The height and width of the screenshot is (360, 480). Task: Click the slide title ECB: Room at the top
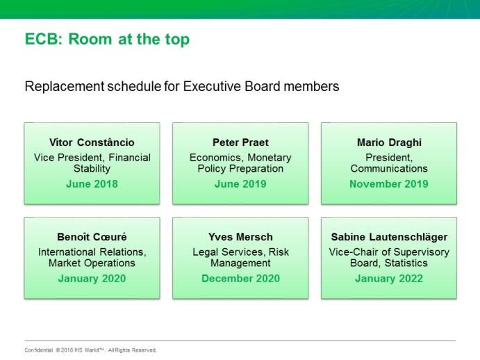coord(107,39)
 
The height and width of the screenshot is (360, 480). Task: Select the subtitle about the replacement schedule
coord(182,87)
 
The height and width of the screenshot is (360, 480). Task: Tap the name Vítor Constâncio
coord(92,142)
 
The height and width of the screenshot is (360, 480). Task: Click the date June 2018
coord(92,184)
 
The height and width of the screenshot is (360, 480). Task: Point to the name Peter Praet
coord(240,142)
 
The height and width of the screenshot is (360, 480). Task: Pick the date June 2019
coord(240,184)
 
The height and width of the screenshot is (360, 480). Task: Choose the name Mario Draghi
coord(389,142)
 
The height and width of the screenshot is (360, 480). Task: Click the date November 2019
coord(389,184)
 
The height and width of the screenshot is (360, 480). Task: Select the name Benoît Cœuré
coord(92,237)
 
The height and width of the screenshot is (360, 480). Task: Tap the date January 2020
coord(92,279)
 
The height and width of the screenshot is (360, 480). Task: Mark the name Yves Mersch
coord(240,237)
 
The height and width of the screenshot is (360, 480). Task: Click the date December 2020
coord(240,279)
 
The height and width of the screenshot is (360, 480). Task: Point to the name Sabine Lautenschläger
coord(389,237)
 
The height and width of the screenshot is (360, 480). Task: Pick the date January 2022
coord(389,279)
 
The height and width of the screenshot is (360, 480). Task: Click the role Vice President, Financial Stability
coord(92,163)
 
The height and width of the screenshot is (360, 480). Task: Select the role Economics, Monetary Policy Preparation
coord(240,163)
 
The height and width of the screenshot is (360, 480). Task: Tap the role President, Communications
coord(389,163)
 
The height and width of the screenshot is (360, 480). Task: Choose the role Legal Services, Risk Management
coord(240,258)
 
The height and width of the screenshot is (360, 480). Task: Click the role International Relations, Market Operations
coord(92,258)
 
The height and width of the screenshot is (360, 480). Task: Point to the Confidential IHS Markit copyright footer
coord(90,350)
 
